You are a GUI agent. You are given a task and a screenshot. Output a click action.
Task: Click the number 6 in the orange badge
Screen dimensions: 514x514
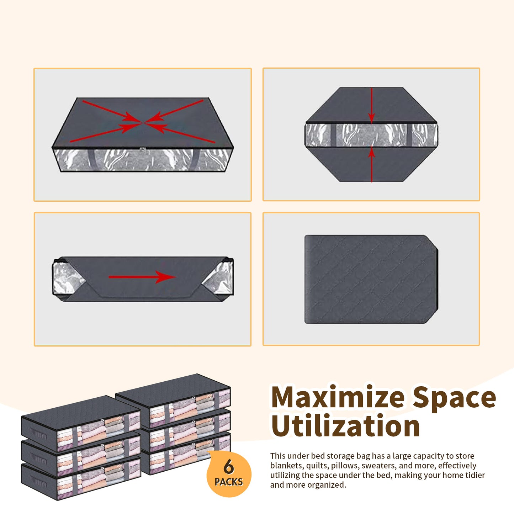[229, 467]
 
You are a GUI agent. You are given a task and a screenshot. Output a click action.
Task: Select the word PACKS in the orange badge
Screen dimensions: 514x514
[229, 482]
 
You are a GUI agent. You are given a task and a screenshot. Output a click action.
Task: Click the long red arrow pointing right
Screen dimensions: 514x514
[142, 277]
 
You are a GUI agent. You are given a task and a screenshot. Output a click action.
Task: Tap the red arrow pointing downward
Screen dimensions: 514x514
[371, 106]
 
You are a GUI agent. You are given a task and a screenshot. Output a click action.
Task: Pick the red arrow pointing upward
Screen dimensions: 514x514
[371, 164]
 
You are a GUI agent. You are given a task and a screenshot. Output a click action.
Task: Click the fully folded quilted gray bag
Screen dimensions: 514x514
[371, 279]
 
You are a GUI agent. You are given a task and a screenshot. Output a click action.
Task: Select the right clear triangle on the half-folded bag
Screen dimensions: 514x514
[218, 278]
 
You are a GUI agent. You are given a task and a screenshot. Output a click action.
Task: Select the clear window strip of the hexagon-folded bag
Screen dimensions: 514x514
[371, 135]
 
